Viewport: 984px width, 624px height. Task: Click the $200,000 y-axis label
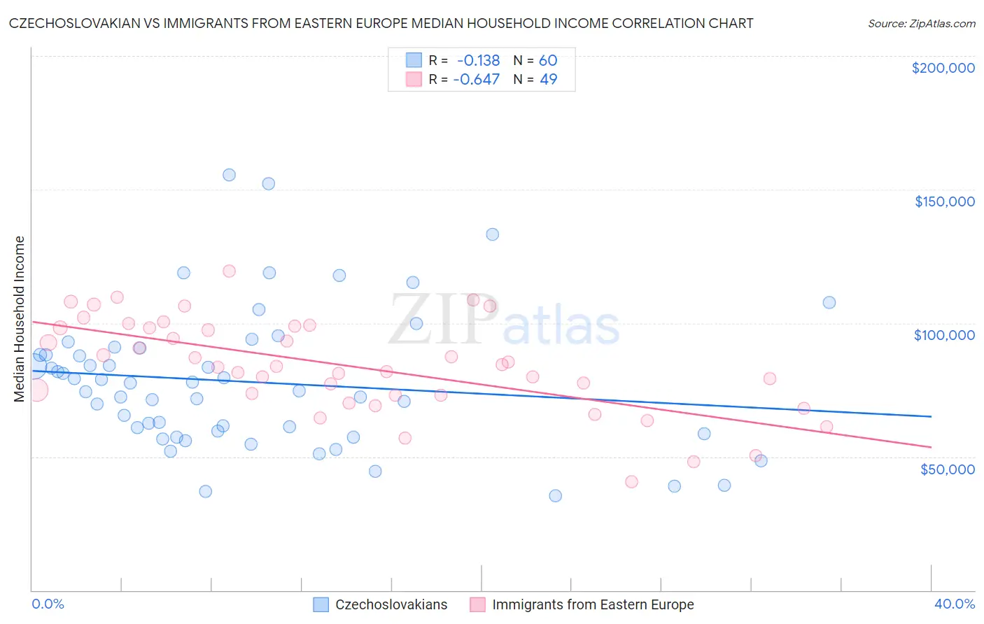click(x=943, y=68)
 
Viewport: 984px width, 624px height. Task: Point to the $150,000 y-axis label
click(x=944, y=201)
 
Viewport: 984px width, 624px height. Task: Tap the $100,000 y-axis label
click(x=944, y=335)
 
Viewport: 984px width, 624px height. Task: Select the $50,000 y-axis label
click(x=947, y=469)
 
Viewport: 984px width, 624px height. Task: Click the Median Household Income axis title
click(x=19, y=319)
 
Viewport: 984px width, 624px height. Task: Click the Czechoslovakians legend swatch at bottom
click(x=321, y=605)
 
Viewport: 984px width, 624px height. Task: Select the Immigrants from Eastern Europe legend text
click(x=593, y=605)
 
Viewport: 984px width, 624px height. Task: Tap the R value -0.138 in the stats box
click(x=479, y=61)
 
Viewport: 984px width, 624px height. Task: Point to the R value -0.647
click(x=477, y=80)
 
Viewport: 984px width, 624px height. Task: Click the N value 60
click(x=548, y=61)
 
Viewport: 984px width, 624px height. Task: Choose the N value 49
click(x=548, y=80)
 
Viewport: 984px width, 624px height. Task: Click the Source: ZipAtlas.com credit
click(x=921, y=24)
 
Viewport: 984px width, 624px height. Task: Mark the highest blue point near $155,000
click(x=229, y=175)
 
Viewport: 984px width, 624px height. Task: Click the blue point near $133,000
click(x=493, y=234)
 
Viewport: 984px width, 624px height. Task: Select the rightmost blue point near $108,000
click(x=829, y=302)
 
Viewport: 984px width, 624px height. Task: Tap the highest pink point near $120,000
click(x=229, y=271)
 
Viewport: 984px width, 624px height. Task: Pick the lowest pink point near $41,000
click(x=631, y=481)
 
